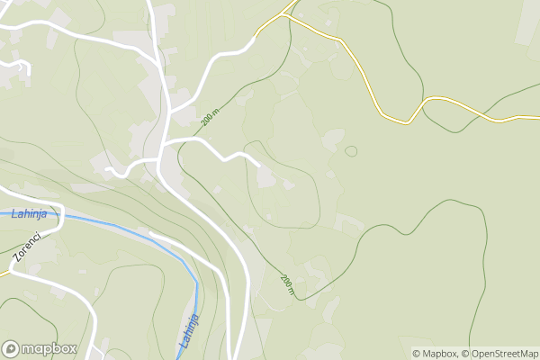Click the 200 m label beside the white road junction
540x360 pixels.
[211, 116]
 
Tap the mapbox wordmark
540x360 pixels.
[50, 348]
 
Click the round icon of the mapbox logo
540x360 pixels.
[12, 348]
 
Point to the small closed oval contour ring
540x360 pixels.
[351, 151]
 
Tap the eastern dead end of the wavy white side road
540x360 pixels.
[259, 166]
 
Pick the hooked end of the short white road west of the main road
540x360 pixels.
[107, 168]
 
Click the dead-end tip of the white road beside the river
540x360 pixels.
[149, 234]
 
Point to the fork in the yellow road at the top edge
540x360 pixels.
[288, 12]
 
